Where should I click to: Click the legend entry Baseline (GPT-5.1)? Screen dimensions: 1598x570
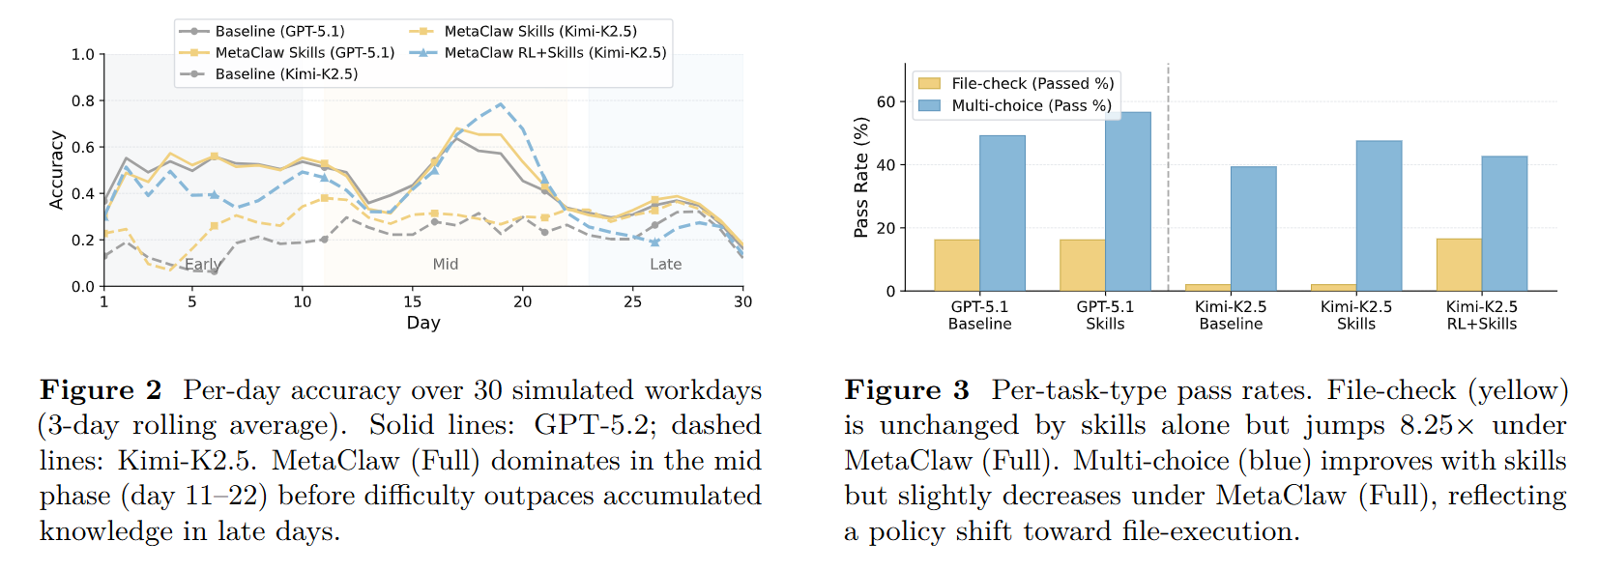pyautogui.click(x=262, y=31)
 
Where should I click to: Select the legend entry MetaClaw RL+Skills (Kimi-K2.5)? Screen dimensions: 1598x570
pyautogui.click(x=538, y=53)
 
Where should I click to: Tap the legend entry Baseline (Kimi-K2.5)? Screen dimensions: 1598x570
pyautogui.click(x=268, y=74)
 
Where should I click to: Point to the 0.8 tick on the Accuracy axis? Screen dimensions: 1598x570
pyautogui.click(x=83, y=101)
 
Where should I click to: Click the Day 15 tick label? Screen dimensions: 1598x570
pyautogui.click(x=413, y=302)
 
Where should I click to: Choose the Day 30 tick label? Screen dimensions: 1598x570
pyautogui.click(x=742, y=302)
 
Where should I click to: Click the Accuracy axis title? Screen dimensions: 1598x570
pyautogui.click(x=56, y=170)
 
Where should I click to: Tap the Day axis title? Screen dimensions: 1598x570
pyautogui.click(x=423, y=323)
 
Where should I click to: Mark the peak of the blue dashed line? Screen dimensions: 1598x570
pyautogui.click(x=500, y=104)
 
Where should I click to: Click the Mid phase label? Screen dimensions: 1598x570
pyautogui.click(x=445, y=265)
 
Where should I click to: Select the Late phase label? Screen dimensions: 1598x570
pyautogui.click(x=666, y=265)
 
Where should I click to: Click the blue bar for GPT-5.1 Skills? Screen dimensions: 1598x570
pyautogui.click(x=1128, y=202)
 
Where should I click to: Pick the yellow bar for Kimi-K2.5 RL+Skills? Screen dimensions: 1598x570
pyautogui.click(x=1459, y=265)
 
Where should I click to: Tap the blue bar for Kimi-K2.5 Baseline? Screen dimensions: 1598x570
pyautogui.click(x=1254, y=229)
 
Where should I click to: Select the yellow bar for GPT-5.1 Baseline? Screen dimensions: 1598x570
pyautogui.click(x=957, y=265)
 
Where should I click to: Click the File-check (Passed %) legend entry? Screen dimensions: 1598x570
pyautogui.click(x=1016, y=83)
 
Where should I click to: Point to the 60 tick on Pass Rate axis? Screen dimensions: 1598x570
pyautogui.click(x=886, y=101)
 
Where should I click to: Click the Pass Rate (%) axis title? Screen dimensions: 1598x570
pyautogui.click(x=861, y=178)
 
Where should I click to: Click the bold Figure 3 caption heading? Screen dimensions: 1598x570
pyautogui.click(x=907, y=390)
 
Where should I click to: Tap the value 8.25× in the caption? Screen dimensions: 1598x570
pyautogui.click(x=1437, y=425)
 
